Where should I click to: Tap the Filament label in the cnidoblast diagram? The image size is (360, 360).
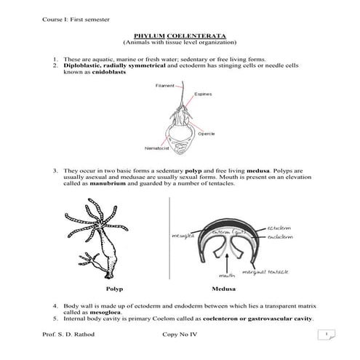tap(164, 87)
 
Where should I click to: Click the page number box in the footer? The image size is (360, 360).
tap(327, 335)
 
